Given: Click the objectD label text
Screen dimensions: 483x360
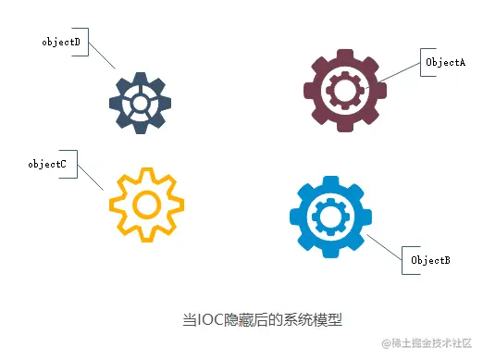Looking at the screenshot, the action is pyautogui.click(x=61, y=43).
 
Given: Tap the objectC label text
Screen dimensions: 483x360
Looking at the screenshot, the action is pyautogui.click(x=46, y=164).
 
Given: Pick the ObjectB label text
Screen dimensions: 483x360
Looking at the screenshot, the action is pyautogui.click(x=430, y=261).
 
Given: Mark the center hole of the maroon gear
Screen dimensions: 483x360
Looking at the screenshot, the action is pyautogui.click(x=345, y=90).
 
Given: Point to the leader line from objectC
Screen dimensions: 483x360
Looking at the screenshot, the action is pyautogui.click(x=91, y=177).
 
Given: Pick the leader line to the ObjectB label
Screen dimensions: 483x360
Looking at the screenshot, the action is pyautogui.click(x=383, y=247).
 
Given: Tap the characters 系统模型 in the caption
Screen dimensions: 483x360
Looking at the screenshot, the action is pyautogui.click(x=313, y=320).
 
